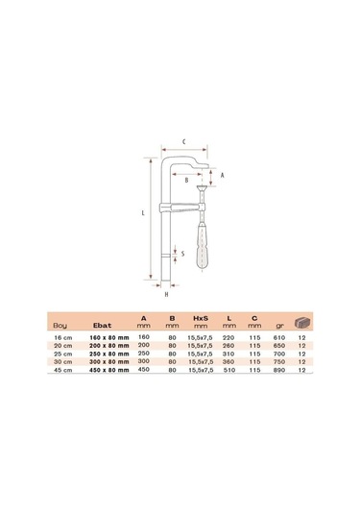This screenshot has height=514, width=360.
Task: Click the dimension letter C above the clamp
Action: click(x=184, y=141)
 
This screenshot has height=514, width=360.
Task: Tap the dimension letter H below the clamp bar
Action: click(x=166, y=294)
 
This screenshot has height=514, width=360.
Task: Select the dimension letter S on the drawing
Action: click(x=183, y=255)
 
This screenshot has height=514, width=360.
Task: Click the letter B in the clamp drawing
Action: click(x=186, y=180)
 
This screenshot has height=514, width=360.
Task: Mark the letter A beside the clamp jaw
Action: click(x=222, y=176)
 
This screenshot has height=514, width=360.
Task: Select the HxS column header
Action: click(x=202, y=318)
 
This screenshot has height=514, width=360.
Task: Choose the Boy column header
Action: click(x=61, y=326)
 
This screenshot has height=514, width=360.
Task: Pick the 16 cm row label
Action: click(x=61, y=337)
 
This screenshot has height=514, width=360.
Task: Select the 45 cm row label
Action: click(x=61, y=369)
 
